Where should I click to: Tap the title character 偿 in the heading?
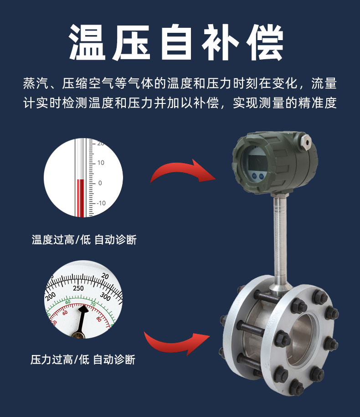[x=265, y=42]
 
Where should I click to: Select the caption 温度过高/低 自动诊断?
[x=84, y=240]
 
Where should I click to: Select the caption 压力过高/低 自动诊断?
[x=82, y=360]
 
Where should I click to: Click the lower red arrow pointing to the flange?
[x=177, y=344]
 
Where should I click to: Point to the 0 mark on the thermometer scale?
[x=100, y=183]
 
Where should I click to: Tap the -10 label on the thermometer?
[x=101, y=203]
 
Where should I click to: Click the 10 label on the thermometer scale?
[x=101, y=163]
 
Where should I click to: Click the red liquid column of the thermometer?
[x=81, y=198]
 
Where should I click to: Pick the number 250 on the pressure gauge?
[x=78, y=288]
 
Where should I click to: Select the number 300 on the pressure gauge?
[x=105, y=296]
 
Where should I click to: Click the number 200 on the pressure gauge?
[x=51, y=296]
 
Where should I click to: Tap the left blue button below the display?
[x=254, y=176]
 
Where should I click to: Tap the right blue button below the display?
[x=262, y=176]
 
